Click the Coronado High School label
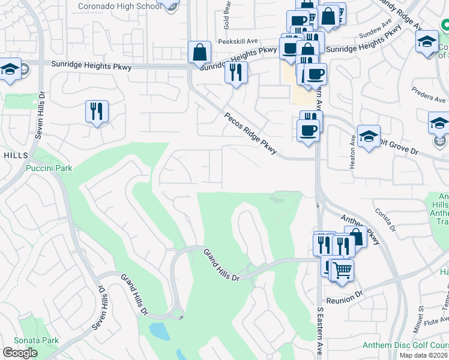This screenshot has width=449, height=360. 120,7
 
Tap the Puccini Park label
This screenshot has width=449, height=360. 49,168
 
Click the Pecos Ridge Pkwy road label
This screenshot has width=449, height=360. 250,134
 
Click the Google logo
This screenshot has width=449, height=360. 20,353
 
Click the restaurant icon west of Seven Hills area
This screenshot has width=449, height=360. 97,112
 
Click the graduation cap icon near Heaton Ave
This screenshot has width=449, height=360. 369,136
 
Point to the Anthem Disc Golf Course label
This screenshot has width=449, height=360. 405,345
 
